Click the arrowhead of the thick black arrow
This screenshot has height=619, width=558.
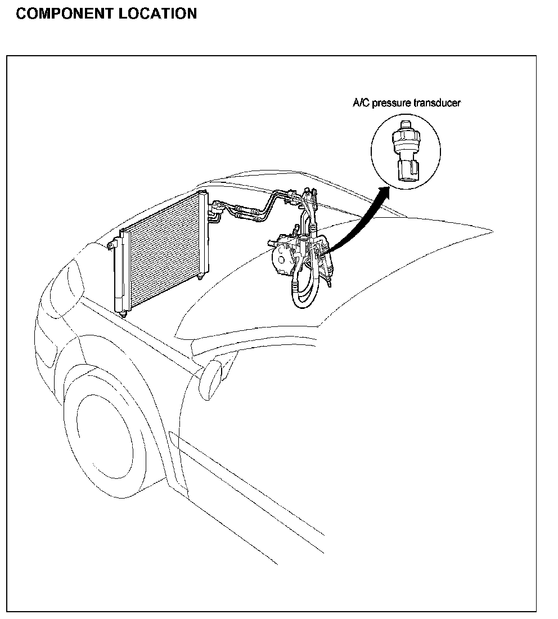click(x=385, y=192)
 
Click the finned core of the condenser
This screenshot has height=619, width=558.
click(x=163, y=248)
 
